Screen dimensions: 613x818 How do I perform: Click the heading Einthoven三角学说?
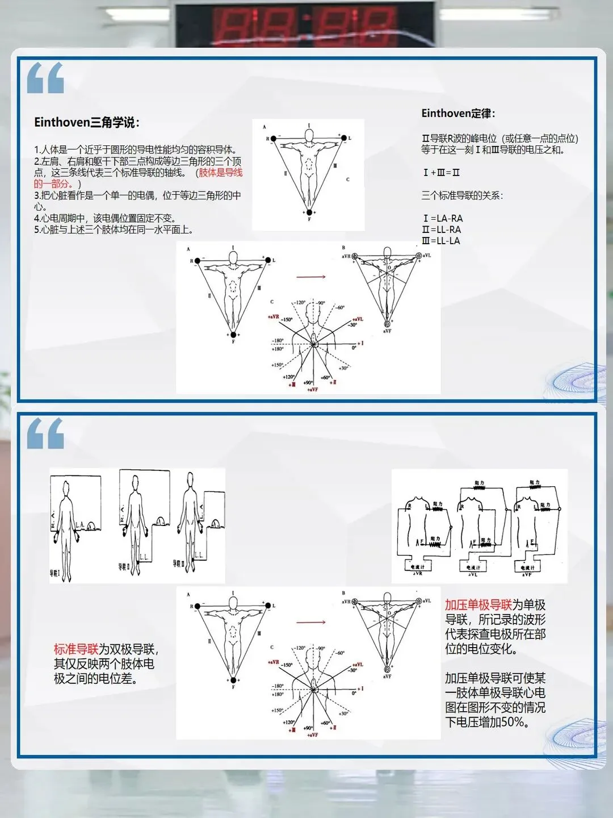click(x=86, y=122)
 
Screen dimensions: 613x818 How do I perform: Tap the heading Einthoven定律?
click(x=457, y=113)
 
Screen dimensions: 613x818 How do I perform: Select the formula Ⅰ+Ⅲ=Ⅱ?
click(x=441, y=172)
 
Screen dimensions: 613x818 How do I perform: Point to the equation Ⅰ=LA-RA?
click(x=443, y=218)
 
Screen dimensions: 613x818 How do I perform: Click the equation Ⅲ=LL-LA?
click(x=441, y=241)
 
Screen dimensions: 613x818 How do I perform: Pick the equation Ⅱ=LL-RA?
click(x=441, y=229)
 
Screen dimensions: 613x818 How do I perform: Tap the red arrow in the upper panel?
click(x=310, y=277)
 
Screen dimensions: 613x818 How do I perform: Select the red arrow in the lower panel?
click(x=310, y=622)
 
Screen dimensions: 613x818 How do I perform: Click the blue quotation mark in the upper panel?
click(x=45, y=78)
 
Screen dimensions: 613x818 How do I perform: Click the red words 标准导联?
click(x=76, y=649)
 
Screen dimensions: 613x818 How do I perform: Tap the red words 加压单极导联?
click(x=478, y=605)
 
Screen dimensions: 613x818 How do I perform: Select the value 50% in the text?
click(x=514, y=723)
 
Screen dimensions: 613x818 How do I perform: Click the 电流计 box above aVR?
click(x=418, y=566)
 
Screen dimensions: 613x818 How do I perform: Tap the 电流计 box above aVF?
click(x=528, y=567)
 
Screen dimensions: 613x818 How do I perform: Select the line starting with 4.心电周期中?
click(x=105, y=218)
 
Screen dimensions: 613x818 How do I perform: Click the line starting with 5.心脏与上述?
click(x=114, y=229)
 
